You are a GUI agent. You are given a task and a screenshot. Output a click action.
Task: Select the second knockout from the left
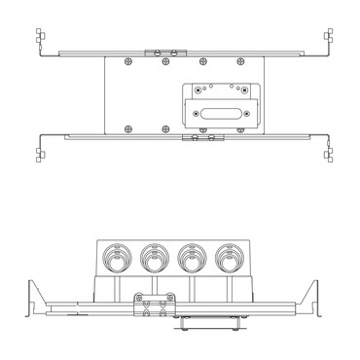coord(153,260)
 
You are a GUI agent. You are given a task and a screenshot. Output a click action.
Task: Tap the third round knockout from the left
coord(191,260)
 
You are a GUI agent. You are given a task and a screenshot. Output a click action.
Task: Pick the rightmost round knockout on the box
coord(229,260)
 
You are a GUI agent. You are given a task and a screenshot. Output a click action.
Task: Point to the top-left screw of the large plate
coord(127,66)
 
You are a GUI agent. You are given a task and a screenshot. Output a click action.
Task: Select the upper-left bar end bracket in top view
coord(40,42)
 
